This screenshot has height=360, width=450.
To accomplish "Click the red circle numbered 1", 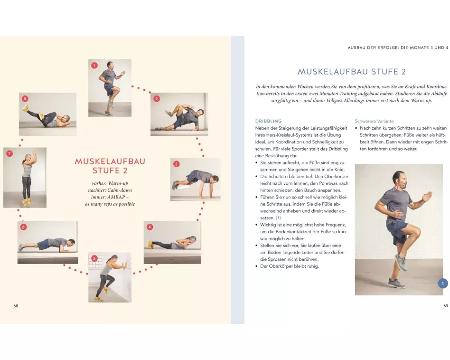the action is coord(94,66).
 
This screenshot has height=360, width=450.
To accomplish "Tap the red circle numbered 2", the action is coord(157,99).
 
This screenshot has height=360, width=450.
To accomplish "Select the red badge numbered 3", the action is coord(176,164).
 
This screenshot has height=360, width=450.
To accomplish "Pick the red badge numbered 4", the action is coord(150,227).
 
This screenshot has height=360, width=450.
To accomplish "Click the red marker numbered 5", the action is coord(94,258).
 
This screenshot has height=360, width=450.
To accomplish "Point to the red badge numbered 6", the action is coord(24,227).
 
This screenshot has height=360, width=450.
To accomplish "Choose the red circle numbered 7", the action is coord(9,153).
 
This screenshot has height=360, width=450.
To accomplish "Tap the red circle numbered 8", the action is coord(25,99).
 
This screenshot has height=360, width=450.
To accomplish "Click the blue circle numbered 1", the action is coord(443,284).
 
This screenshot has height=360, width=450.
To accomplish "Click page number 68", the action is coord(16,306).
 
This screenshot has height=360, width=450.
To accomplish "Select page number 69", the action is coord(446,306).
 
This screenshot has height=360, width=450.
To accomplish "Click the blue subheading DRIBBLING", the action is coord(268,121).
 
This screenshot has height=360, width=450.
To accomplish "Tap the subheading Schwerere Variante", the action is coord(374,121).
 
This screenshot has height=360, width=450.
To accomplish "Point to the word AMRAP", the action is coord(116,197).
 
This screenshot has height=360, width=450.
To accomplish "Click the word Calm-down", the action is coord(120,190).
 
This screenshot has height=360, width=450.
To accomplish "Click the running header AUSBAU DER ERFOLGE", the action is coord(373,47).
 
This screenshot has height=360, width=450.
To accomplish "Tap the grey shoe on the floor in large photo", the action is coord(397,283).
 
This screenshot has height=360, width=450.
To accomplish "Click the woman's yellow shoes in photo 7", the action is coord(27,202).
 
